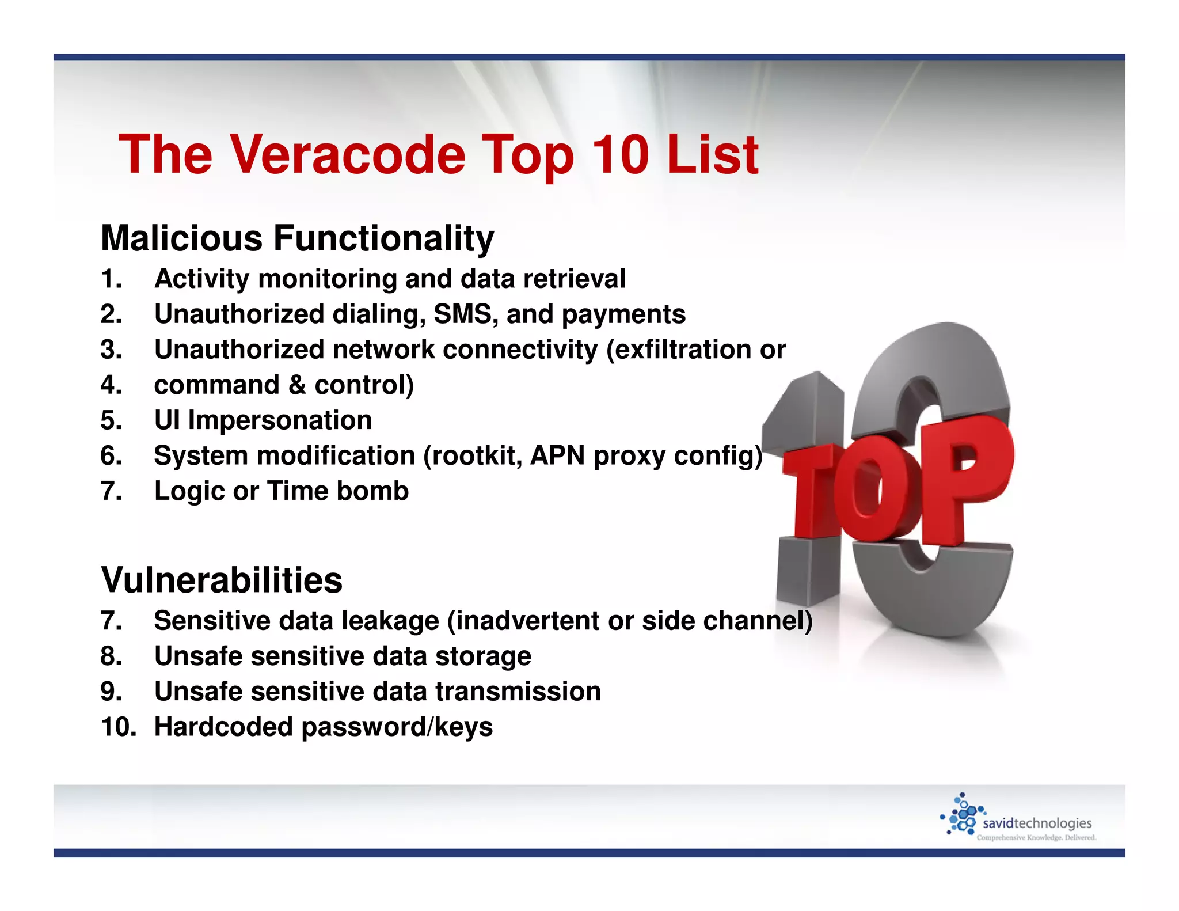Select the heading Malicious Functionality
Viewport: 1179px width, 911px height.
pyautogui.click(x=297, y=238)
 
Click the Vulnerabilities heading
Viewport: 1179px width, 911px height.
pyautogui.click(x=222, y=579)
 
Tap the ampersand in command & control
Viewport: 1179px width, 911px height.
pyautogui.click(x=297, y=385)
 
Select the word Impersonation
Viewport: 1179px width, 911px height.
pyautogui.click(x=280, y=420)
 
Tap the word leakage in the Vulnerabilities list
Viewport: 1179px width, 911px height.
pyautogui.click(x=390, y=621)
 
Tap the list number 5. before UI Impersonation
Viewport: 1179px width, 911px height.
pyautogui.click(x=111, y=420)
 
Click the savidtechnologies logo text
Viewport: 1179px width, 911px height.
pyautogui.click(x=1037, y=823)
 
